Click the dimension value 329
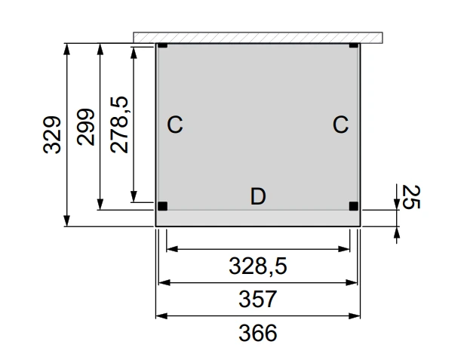point(51,134)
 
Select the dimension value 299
point(85,127)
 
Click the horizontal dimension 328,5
point(258,265)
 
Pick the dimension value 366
point(258,332)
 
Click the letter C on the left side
point(174,125)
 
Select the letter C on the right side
point(340,125)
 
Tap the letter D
point(258,197)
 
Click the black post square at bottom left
point(162,205)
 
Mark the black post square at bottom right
point(353,205)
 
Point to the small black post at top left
point(162,46)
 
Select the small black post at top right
point(354,46)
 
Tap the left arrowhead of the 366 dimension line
point(160,315)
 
